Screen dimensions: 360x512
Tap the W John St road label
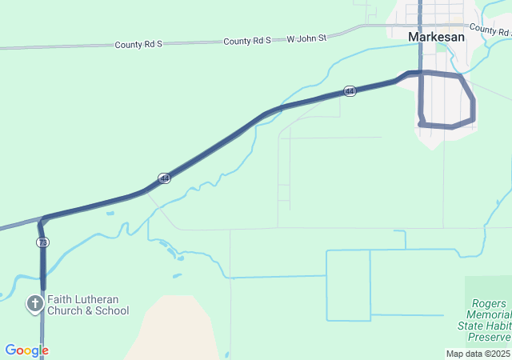tap(307, 38)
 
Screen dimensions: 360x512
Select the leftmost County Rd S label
tap(138, 45)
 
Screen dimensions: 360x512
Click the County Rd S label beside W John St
tap(247, 40)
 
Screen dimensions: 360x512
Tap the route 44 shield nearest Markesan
tap(350, 92)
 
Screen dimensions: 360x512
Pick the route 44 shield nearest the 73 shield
tap(163, 178)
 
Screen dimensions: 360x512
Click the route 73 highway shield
tap(42, 242)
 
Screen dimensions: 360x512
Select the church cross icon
tap(35, 304)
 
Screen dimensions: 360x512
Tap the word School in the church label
tap(111, 310)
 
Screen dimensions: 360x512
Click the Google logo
tap(26, 350)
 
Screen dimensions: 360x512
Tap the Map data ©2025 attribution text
tap(478, 354)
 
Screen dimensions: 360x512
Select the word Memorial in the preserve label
tap(489, 314)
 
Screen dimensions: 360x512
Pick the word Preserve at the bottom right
tap(490, 337)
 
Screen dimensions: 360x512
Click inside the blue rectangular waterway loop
tap(348, 285)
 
